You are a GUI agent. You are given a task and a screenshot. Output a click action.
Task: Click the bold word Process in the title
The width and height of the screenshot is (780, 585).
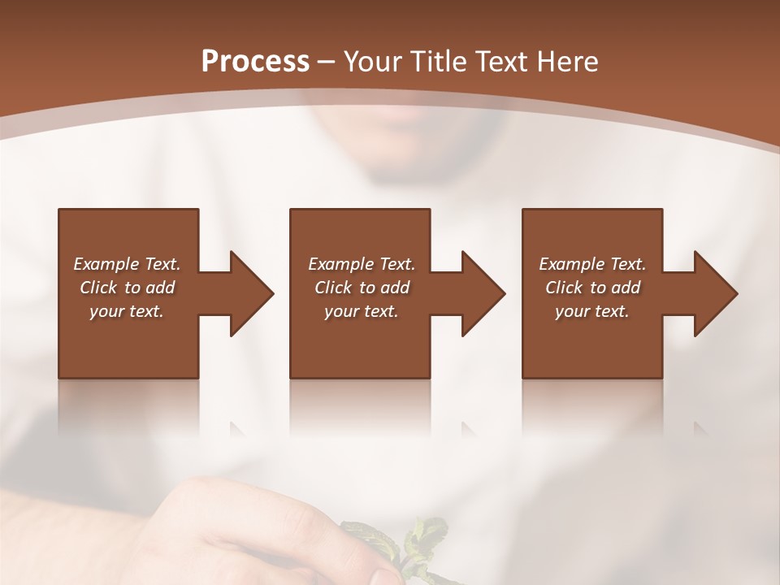coord(255,62)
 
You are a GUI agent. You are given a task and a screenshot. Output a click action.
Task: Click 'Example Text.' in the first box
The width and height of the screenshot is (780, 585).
coord(127,264)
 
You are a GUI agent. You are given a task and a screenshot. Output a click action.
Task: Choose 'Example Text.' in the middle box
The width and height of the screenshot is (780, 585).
coord(362,264)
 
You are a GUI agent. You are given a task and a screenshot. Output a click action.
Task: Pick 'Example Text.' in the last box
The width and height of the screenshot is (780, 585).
coord(592,264)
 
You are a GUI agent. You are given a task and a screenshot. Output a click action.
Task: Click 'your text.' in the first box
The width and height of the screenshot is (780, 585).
coord(127,311)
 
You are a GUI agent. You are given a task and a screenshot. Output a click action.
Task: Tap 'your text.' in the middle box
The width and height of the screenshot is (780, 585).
coord(362,311)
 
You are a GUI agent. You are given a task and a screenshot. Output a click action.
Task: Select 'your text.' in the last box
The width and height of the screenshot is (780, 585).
coord(592,311)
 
